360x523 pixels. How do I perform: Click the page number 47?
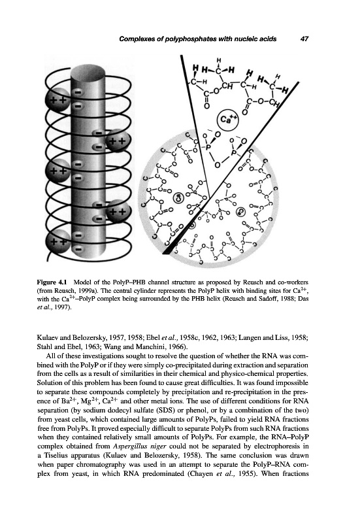click(x=304, y=39)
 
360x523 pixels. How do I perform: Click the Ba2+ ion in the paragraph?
click(x=61, y=401)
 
